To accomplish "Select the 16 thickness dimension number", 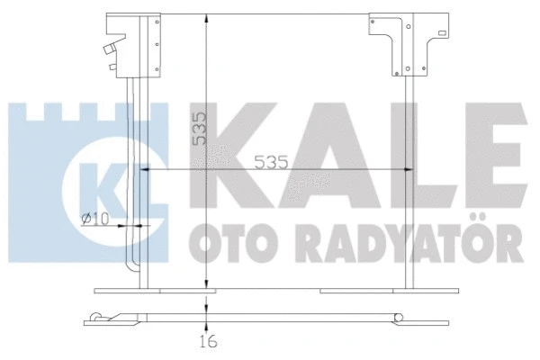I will coord(208,342).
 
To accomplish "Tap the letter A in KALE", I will coord(317,148).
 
